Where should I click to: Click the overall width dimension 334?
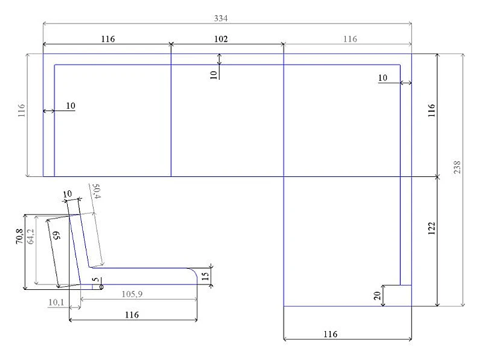click(221, 18)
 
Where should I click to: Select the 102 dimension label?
click(221, 39)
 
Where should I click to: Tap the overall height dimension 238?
click(457, 167)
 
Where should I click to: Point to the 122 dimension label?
click(431, 228)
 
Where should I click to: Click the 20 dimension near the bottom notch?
click(377, 295)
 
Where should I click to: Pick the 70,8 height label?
click(19, 236)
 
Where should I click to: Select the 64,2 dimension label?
click(31, 236)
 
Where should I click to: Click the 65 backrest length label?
click(57, 235)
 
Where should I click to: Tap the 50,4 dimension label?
click(96, 191)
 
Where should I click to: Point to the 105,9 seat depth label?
click(132, 294)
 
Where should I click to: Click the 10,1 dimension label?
click(56, 302)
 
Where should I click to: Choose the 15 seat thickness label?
click(205, 276)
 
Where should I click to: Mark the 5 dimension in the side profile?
click(96, 280)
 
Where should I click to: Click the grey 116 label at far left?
click(21, 111)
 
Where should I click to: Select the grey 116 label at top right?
click(350, 39)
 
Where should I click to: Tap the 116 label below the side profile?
click(132, 315)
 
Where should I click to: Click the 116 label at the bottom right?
click(330, 333)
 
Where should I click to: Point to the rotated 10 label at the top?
click(213, 75)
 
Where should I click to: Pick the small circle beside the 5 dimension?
click(102, 286)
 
